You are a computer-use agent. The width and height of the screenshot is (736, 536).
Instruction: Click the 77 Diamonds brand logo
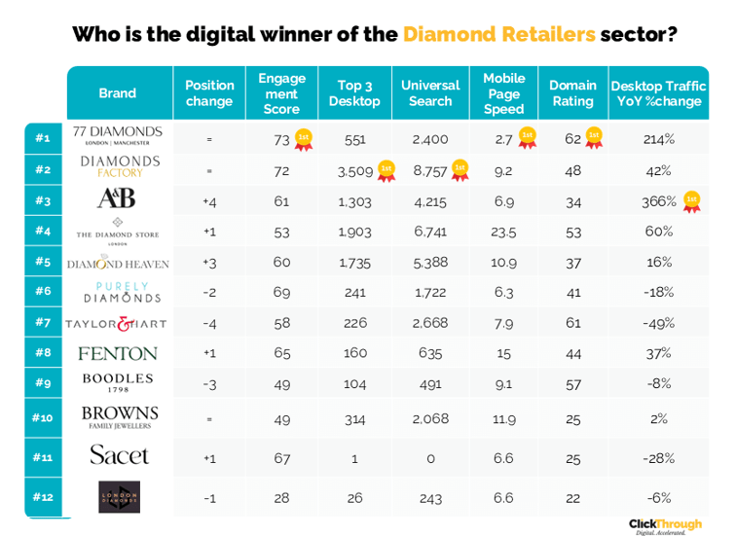point(117,135)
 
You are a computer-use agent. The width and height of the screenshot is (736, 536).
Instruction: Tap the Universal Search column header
point(430,93)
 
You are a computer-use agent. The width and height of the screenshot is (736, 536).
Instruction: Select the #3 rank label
point(43,200)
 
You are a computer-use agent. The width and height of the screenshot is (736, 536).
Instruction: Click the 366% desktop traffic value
point(659,200)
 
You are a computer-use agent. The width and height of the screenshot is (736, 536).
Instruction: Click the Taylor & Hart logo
point(117,324)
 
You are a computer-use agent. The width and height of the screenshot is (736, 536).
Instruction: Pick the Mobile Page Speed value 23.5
point(503,232)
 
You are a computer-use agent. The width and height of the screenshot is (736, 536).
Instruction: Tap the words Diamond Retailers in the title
point(498,35)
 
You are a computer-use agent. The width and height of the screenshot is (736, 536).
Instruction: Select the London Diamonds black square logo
point(119,496)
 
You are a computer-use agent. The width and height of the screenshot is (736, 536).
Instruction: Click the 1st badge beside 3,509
point(386,171)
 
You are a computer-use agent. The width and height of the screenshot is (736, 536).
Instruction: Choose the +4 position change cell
point(209,200)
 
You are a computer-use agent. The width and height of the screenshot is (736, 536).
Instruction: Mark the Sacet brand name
point(119,455)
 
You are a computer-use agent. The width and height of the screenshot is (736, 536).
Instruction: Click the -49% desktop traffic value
point(659,323)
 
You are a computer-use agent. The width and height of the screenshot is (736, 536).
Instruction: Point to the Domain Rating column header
point(572,93)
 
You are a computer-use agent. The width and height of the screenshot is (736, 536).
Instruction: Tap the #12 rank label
point(43,497)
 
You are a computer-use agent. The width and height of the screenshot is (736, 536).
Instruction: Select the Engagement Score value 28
point(281,497)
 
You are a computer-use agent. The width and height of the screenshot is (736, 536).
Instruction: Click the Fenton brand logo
point(117,353)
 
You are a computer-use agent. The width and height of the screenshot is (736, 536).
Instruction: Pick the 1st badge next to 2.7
point(527,138)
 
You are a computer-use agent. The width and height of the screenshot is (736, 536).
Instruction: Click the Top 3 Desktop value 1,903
point(354,232)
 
